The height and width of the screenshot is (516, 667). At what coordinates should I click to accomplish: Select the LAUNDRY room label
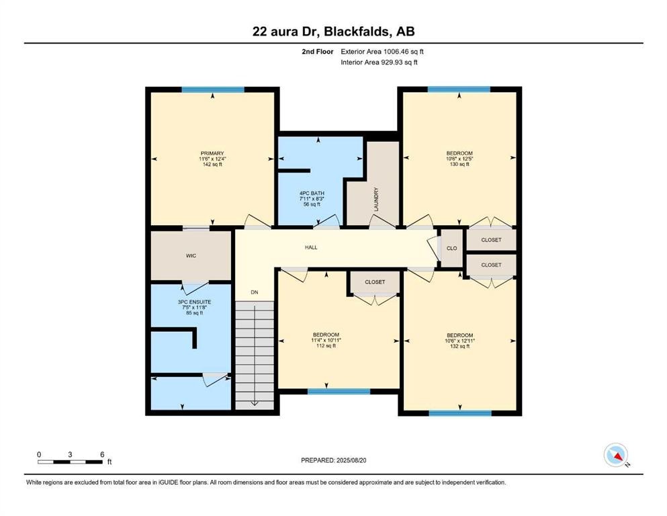377,200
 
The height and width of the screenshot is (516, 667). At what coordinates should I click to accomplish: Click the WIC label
191,256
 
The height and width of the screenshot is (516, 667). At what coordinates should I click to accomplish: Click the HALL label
311,247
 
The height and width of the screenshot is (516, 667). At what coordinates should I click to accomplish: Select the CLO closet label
451,249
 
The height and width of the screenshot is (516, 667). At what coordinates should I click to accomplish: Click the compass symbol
616,455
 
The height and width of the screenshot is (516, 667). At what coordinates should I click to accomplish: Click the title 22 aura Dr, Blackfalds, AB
333,32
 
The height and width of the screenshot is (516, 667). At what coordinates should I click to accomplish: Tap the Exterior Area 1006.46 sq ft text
382,51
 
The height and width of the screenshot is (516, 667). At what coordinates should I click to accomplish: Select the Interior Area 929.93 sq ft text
380,62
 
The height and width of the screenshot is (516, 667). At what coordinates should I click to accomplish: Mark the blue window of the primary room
213,90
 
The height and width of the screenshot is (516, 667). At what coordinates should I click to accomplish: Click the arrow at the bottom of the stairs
255,402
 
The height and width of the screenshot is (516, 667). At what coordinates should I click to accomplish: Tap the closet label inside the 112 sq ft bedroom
375,282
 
